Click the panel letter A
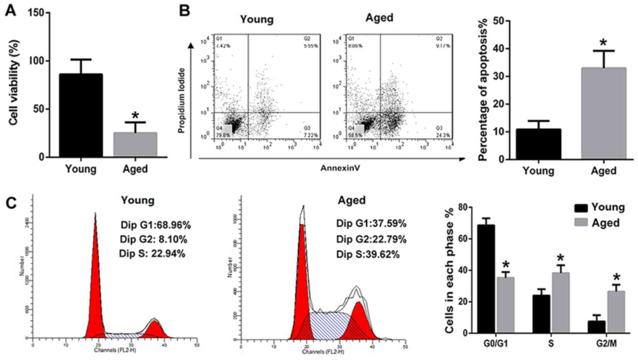click(11, 10)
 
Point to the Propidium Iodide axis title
click(182, 101)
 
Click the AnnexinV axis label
click(340, 168)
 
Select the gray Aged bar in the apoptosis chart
click(604, 113)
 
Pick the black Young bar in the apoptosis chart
click(538, 144)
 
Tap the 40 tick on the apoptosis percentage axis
click(499, 49)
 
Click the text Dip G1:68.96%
click(156, 225)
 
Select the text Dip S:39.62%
click(368, 254)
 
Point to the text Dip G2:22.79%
click(371, 239)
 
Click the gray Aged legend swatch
click(581, 223)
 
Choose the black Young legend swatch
click(581, 208)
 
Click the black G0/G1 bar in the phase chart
click(486, 279)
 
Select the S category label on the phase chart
click(551, 344)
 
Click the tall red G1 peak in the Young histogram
click(95, 284)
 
